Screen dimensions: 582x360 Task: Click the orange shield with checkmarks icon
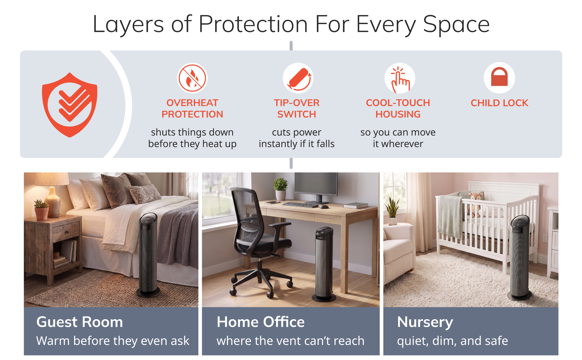70,105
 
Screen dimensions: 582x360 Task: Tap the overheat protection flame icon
192,78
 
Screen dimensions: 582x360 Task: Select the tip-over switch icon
298,78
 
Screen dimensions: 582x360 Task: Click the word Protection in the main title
253,24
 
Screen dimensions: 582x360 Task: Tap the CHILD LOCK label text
499,103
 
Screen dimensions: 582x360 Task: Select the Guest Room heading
79,322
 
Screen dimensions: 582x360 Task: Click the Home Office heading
260,322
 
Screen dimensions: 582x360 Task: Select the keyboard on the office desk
300,205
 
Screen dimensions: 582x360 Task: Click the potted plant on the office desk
280,189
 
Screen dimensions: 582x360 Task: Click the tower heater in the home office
324,264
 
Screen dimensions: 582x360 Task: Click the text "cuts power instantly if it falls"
296,138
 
